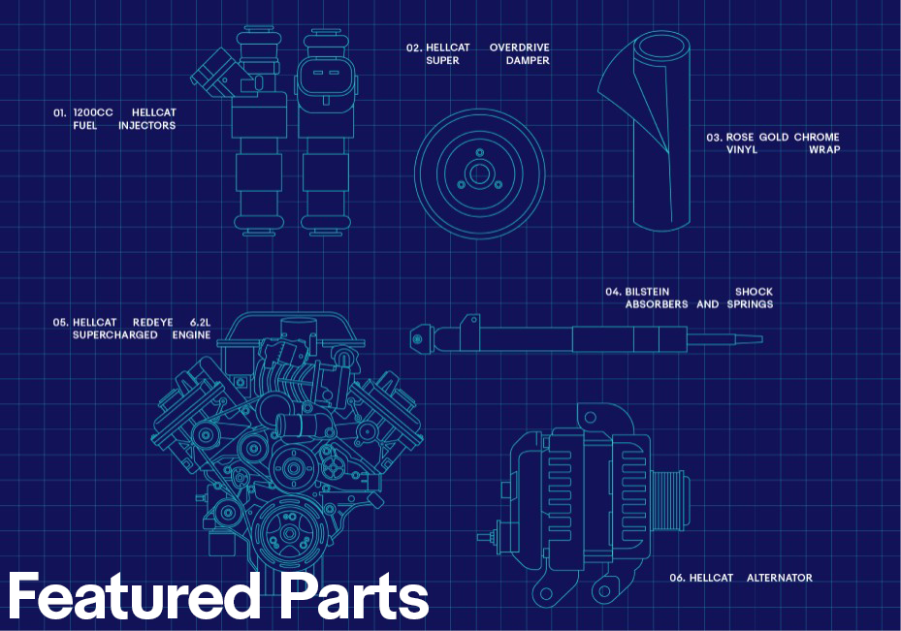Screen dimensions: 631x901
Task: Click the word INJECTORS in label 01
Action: (x=146, y=126)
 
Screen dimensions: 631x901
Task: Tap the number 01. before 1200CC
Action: (x=59, y=112)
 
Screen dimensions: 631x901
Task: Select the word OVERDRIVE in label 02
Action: (x=519, y=47)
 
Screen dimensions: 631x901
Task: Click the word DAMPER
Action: (x=528, y=61)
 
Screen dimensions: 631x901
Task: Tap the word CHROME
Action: (x=817, y=138)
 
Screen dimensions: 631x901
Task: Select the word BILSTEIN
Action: (x=647, y=292)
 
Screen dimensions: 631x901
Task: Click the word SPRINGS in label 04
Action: (x=751, y=304)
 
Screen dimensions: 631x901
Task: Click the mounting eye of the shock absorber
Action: (x=417, y=339)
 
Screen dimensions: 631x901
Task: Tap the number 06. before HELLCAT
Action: (x=677, y=578)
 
